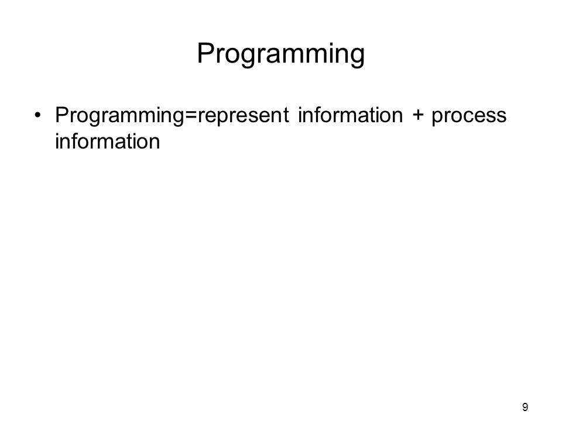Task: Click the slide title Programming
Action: click(280, 54)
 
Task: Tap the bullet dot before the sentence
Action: click(37, 115)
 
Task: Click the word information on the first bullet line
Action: click(351, 115)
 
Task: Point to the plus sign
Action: click(417, 116)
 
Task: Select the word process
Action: click(469, 117)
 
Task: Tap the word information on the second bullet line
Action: click(108, 141)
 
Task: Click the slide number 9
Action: click(525, 407)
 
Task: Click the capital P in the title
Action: click(205, 53)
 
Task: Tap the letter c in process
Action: click(470, 117)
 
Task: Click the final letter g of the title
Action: click(357, 57)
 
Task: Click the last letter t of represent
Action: click(285, 116)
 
